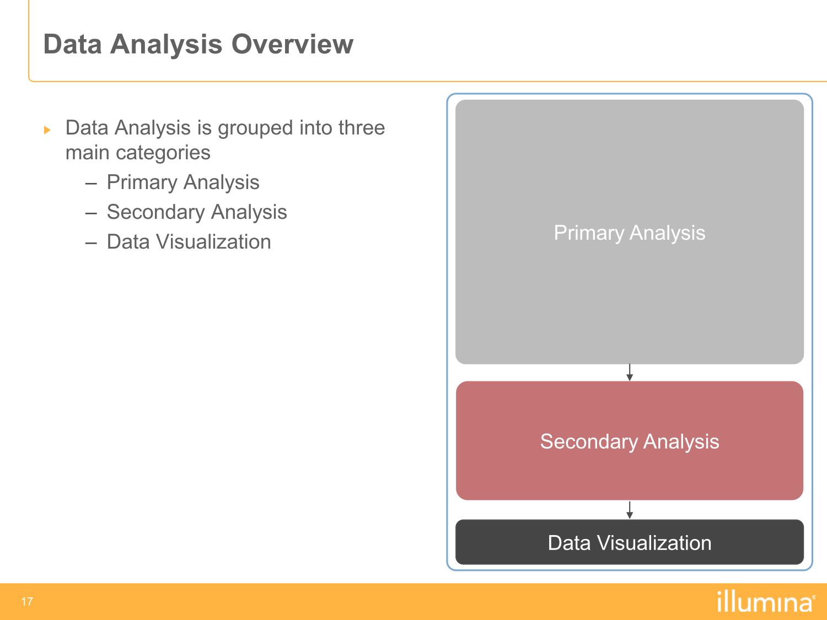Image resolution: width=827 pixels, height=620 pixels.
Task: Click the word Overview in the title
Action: [x=292, y=44]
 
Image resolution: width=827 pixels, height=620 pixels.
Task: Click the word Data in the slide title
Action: [x=73, y=44]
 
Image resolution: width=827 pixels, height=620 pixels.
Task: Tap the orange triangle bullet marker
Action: [x=47, y=130]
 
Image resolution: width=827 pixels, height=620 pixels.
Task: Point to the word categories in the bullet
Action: [x=163, y=153]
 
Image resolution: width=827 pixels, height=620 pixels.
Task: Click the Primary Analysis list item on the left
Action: [x=183, y=182]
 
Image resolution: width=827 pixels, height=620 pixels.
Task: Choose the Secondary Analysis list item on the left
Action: [x=197, y=212]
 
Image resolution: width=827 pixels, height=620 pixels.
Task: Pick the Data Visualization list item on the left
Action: [x=189, y=242]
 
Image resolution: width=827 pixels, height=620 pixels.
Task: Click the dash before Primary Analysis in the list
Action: [x=91, y=184]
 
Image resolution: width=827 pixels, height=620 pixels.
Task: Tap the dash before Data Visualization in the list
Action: [x=91, y=244]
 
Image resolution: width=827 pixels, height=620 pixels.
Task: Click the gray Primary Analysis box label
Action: [x=630, y=233]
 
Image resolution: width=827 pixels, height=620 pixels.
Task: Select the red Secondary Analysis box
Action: [x=630, y=440]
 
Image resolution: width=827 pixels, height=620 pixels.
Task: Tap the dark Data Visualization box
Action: [x=630, y=542]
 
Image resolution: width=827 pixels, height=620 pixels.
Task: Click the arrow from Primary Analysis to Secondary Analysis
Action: [x=630, y=373]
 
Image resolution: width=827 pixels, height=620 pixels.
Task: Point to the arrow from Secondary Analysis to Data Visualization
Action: [x=630, y=510]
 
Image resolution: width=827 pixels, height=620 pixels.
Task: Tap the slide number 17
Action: [x=27, y=602]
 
